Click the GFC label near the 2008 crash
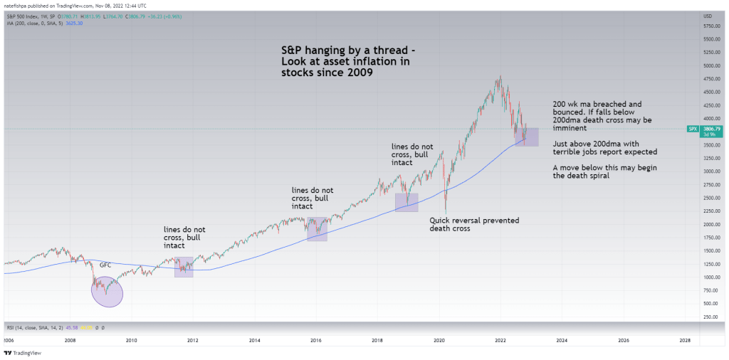pyautogui.click(x=105, y=265)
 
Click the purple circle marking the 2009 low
pyautogui.click(x=107, y=291)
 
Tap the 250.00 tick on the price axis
pyautogui.click(x=708, y=317)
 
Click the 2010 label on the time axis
pyautogui.click(x=131, y=341)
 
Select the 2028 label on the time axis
pyautogui.click(x=685, y=341)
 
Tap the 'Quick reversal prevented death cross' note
pyautogui.click(x=474, y=225)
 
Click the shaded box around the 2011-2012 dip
pyautogui.click(x=184, y=267)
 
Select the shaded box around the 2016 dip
pyautogui.click(x=317, y=229)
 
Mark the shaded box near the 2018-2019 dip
pyautogui.click(x=407, y=203)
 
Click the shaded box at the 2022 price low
pyautogui.click(x=528, y=137)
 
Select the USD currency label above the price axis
pyautogui.click(x=708, y=16)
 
